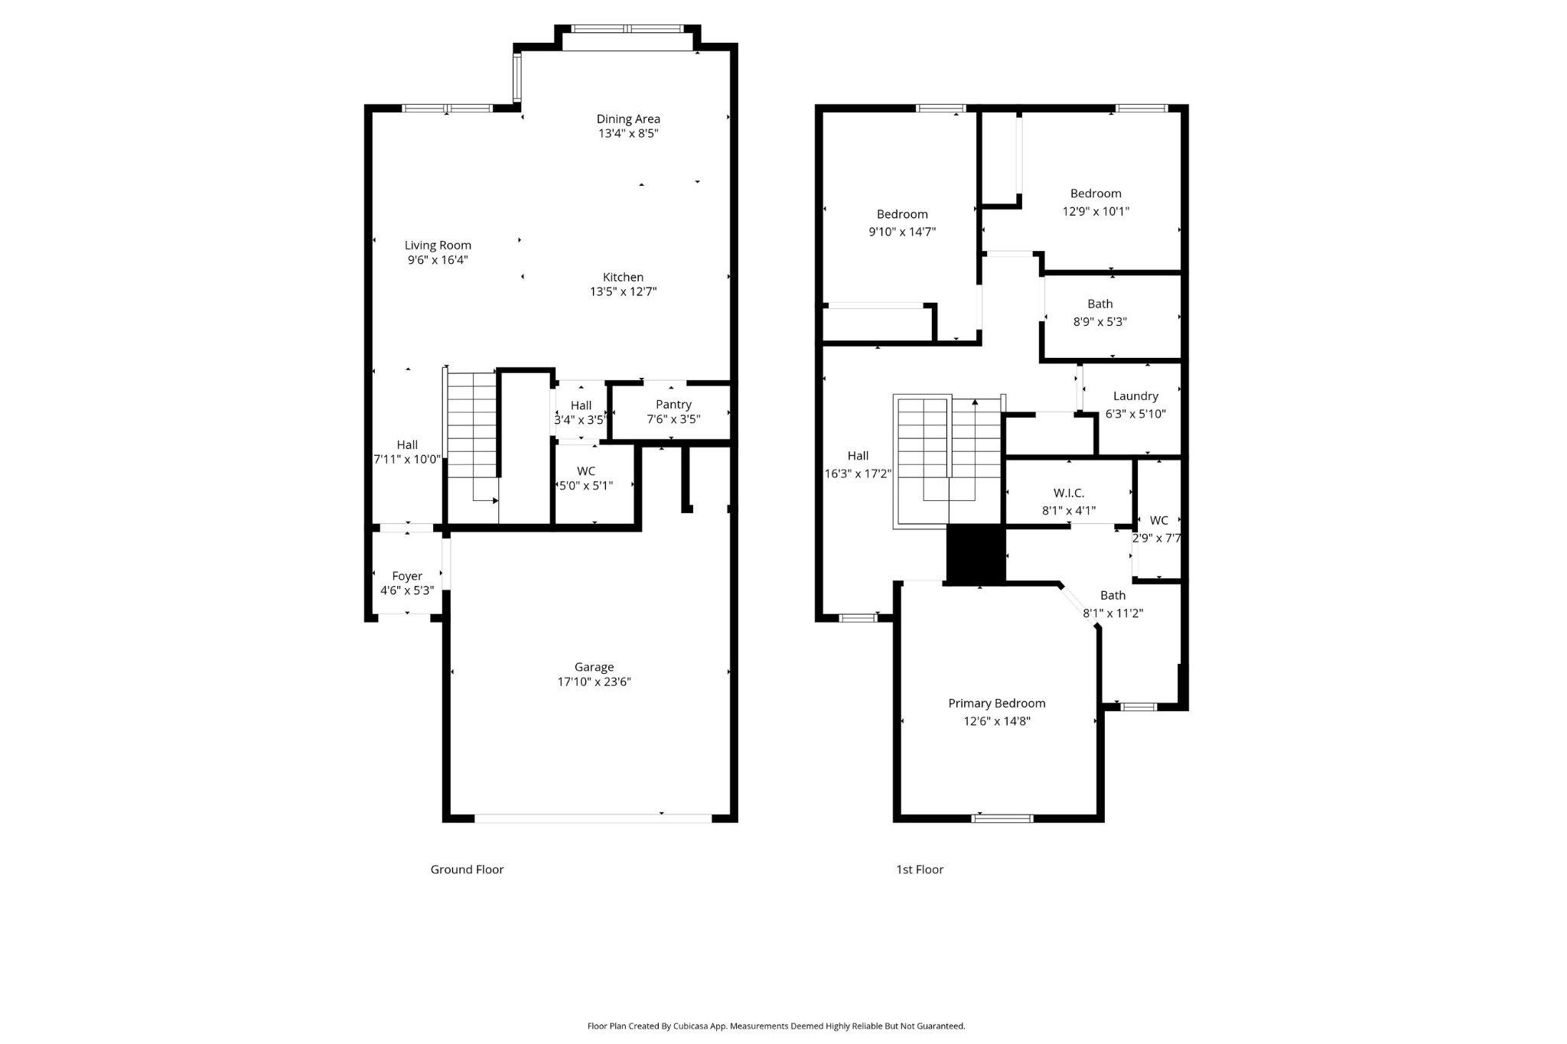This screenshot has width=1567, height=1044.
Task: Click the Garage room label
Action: tap(594, 667)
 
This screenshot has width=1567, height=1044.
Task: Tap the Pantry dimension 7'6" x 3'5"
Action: tap(673, 419)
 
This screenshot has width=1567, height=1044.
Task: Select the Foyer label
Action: tap(407, 576)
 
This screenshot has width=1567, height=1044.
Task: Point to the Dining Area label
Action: tap(628, 119)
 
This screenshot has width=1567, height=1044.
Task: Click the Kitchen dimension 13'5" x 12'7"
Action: tap(623, 291)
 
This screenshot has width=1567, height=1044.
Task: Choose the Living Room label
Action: tap(438, 246)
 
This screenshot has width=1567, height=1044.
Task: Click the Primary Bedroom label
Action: tap(996, 703)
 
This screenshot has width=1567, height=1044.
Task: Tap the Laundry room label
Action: tap(1135, 396)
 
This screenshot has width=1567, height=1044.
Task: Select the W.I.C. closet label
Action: tap(1068, 493)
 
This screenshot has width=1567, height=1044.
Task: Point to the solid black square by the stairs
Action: tap(976, 554)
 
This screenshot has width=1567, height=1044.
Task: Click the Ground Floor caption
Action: tap(467, 869)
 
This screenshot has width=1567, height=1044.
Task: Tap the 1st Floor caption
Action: tap(920, 869)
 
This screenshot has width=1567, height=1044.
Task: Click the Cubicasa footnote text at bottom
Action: tap(776, 1026)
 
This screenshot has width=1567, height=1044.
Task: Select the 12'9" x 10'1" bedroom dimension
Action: tap(1096, 211)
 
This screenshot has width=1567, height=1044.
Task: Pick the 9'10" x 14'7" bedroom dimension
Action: tap(902, 232)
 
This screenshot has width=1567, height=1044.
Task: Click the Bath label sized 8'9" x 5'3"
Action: tap(1100, 304)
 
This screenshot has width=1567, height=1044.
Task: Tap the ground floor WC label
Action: tap(585, 471)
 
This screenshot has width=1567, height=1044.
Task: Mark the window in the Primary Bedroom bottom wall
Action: tap(1002, 818)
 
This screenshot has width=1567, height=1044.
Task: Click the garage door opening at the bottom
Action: tap(593, 818)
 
